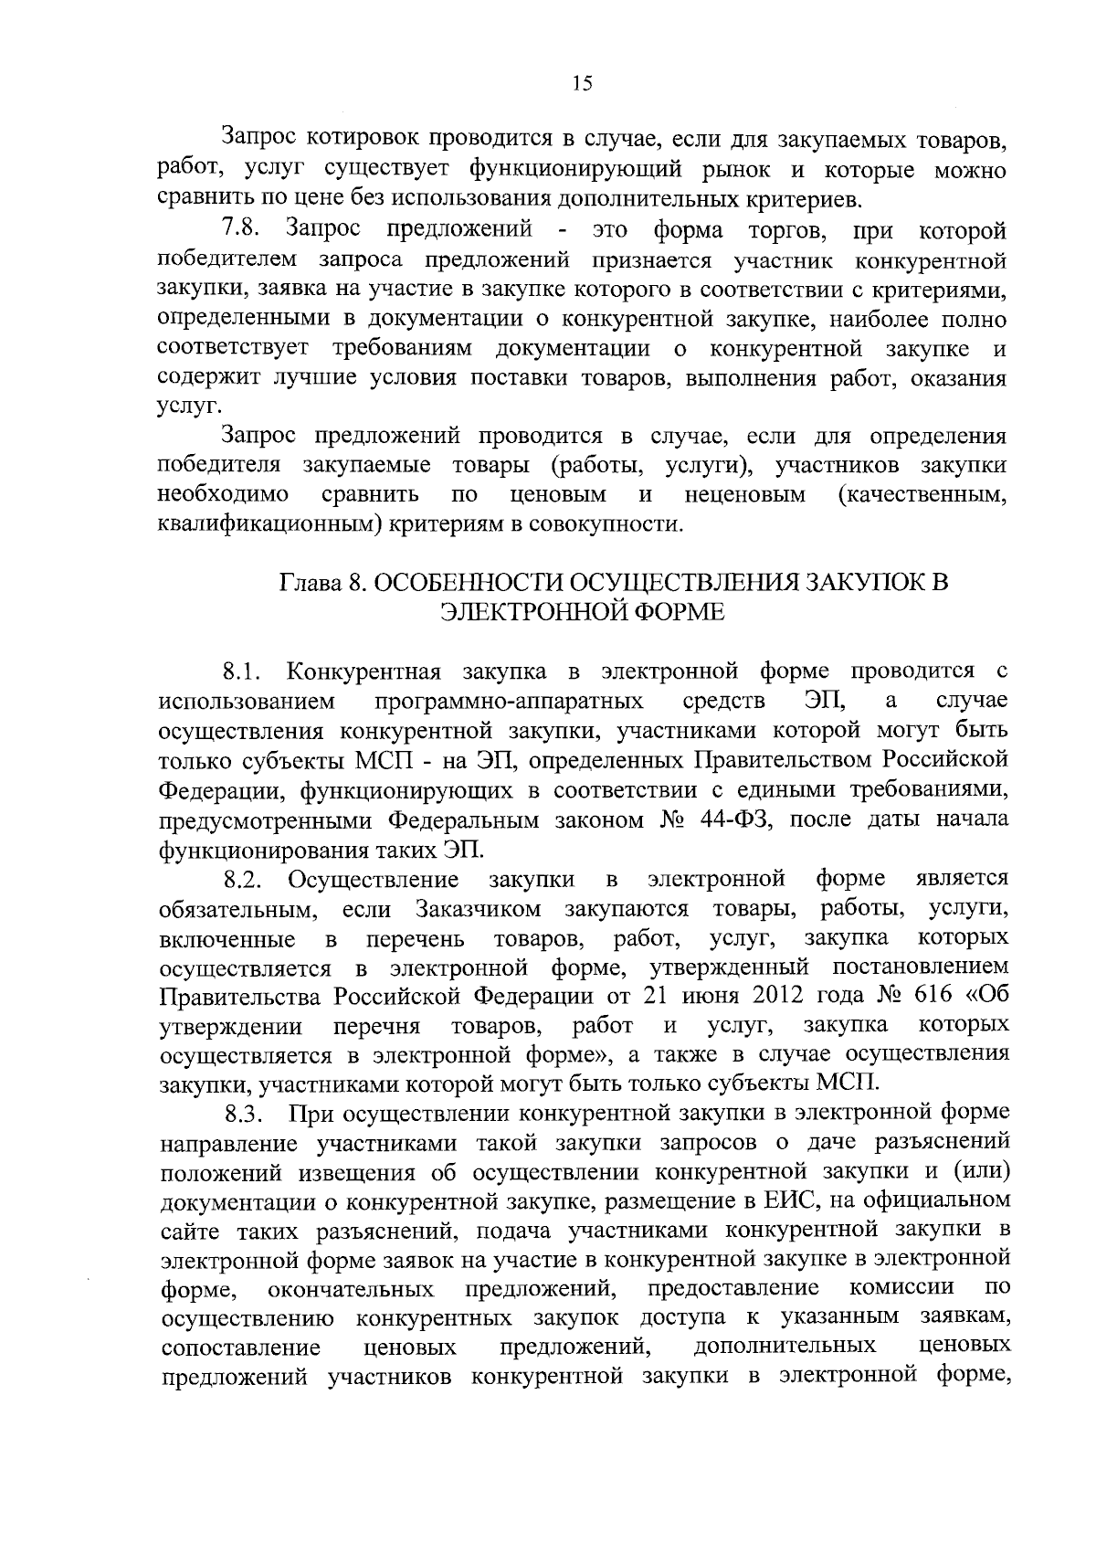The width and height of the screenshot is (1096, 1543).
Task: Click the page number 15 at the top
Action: click(582, 83)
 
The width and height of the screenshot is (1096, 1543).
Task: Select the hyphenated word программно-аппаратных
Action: click(509, 702)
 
